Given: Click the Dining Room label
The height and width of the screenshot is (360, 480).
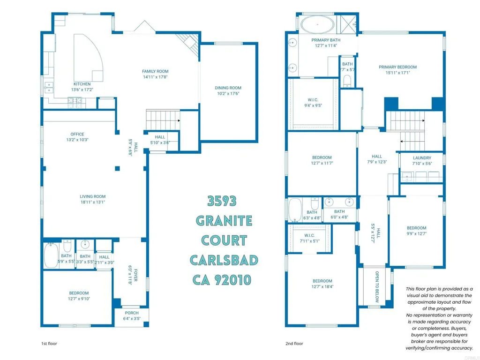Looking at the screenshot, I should coord(228,88).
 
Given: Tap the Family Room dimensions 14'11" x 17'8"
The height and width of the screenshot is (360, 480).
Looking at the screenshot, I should coord(155,77).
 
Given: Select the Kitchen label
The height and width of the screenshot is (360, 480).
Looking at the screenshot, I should coord(82,84).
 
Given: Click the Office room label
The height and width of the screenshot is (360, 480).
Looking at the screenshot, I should coord(77,134).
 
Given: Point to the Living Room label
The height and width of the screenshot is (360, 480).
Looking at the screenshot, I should coord(93,196).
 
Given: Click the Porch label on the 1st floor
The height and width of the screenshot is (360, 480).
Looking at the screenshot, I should coord(132,313).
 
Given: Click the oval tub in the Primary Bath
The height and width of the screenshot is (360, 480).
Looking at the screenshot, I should coord(316,24).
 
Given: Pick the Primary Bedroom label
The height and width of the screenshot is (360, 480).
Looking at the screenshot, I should coord(397,67).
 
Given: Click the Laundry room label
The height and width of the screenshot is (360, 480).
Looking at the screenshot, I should coord(421,158).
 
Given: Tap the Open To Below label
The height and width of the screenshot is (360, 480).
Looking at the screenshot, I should coord(376,286).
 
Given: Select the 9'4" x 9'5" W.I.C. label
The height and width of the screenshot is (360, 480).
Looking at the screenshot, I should coord(313,100).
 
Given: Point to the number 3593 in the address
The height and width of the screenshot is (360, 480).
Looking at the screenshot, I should coord(223,201).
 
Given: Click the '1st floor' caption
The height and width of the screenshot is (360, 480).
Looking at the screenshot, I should coord(49,344).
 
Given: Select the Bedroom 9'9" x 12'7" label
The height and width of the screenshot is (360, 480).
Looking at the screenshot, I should coord(416,228).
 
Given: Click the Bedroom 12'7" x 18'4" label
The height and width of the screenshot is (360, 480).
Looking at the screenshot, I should coord(322,281).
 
